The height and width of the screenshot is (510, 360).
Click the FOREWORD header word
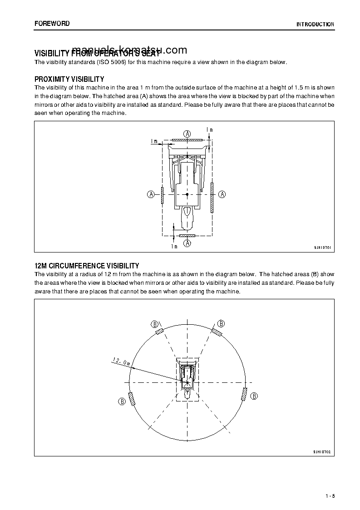pyautogui.click(x=52, y=23)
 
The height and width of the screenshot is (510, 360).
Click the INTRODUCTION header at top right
pyautogui.click(x=315, y=24)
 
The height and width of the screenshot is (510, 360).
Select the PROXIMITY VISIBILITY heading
pyautogui.click(x=69, y=79)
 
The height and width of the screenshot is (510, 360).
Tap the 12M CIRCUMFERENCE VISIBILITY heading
pyautogui.click(x=87, y=266)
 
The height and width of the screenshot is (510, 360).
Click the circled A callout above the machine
pyautogui.click(x=187, y=134)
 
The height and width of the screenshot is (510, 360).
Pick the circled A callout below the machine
pyautogui.click(x=187, y=243)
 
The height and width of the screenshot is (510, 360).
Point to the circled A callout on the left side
pyautogui.click(x=151, y=194)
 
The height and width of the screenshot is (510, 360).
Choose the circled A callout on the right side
pyautogui.click(x=222, y=194)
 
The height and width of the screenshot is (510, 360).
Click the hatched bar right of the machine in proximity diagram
pyautogui.click(x=212, y=198)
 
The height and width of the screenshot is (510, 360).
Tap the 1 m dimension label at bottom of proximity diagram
pyautogui.click(x=174, y=246)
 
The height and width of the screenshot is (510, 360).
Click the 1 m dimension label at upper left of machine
pyautogui.click(x=154, y=141)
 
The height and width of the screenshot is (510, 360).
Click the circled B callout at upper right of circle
pyautogui.click(x=221, y=323)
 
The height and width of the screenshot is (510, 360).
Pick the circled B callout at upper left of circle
pyautogui.click(x=155, y=324)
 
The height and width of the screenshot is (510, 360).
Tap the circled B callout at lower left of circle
pyautogui.click(x=122, y=401)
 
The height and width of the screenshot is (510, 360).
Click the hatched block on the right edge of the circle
pyautogui.click(x=244, y=394)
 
